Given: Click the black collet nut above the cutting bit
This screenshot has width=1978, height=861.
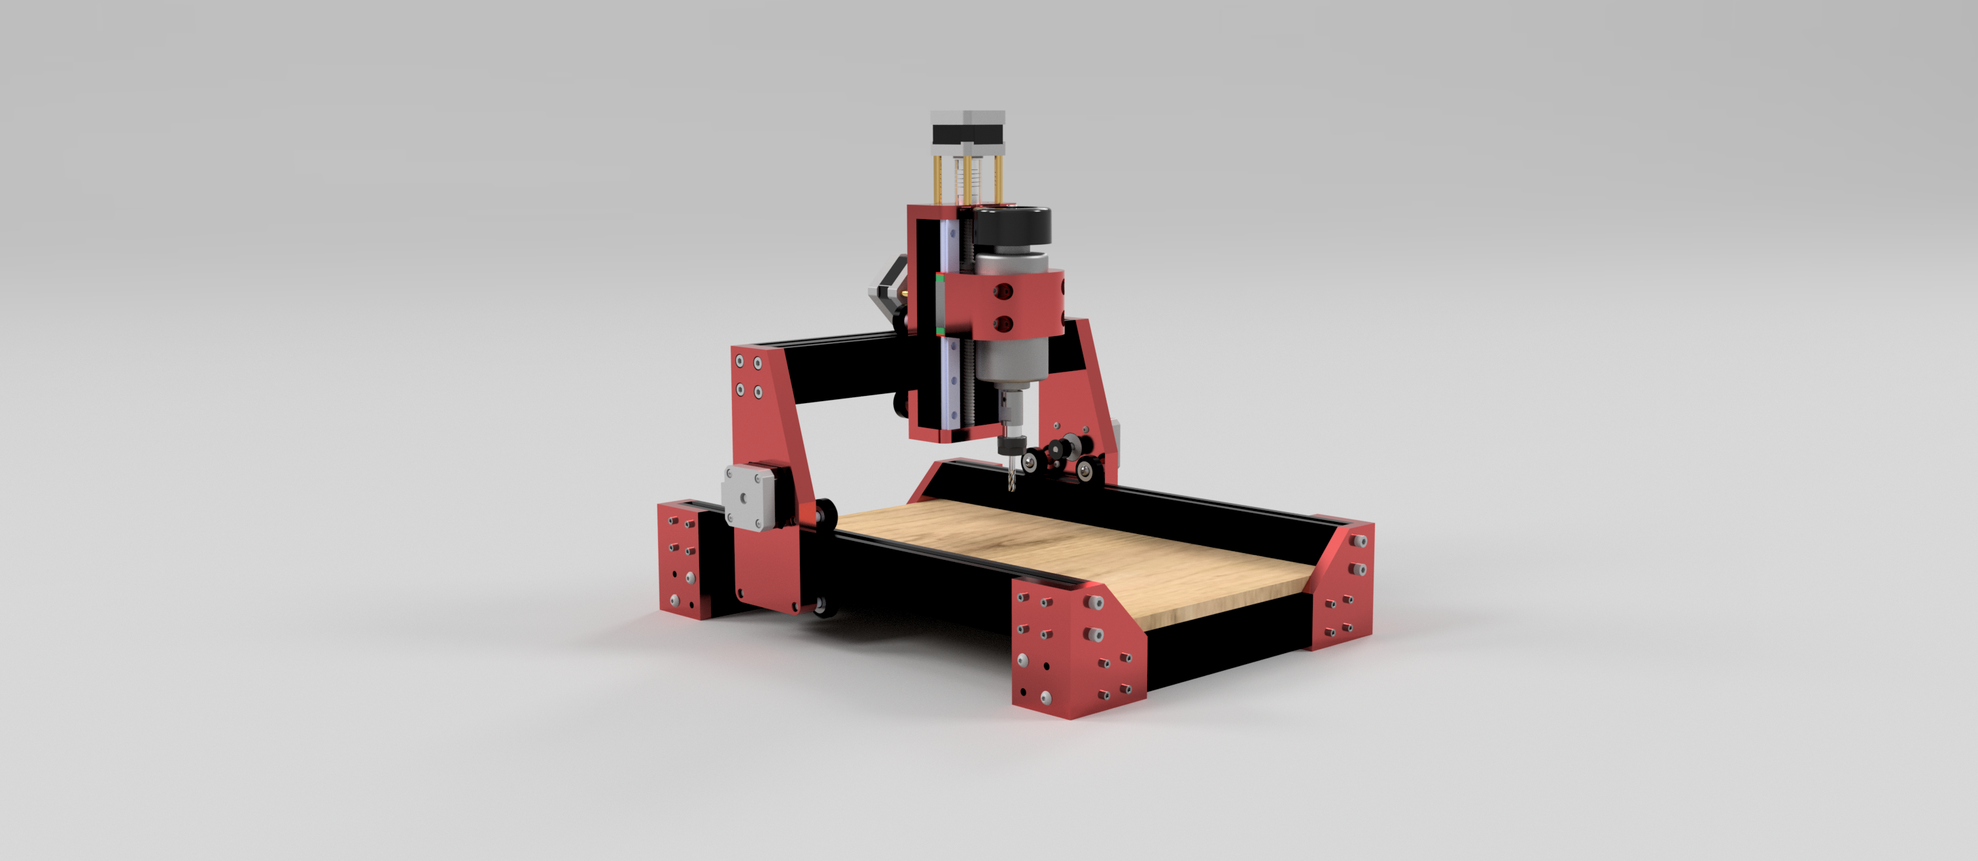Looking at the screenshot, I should (x=1011, y=445).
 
